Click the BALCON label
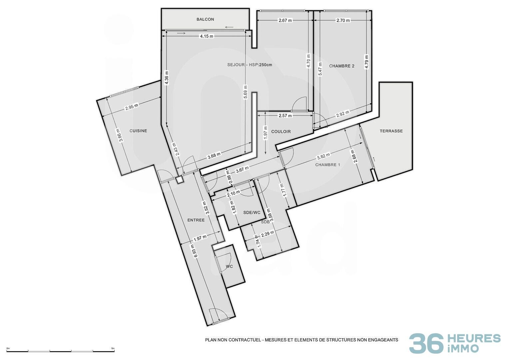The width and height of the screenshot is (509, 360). coord(205,19)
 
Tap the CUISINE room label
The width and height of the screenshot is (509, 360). coord(138,131)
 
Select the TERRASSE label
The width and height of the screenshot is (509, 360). coord(391,131)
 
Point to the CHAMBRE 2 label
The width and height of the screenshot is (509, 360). coord(342,66)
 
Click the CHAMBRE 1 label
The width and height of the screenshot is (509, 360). coord(328,165)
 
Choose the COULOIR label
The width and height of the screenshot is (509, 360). coord(281,132)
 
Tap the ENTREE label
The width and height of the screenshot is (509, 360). coord(196,220)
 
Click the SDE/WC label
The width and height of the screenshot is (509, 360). coord(252,213)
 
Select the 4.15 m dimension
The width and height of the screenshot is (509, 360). coord(207,36)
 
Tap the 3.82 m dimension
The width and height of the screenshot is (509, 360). coord(323,156)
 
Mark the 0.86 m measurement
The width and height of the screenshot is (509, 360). coord(229,175)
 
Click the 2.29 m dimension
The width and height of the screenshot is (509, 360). coord(267,234)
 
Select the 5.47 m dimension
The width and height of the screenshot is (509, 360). coord(320,69)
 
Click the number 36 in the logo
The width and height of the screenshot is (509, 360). coord(426,344)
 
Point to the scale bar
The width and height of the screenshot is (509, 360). coord(61,351)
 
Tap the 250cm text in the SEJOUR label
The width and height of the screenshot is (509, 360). coord(265,65)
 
